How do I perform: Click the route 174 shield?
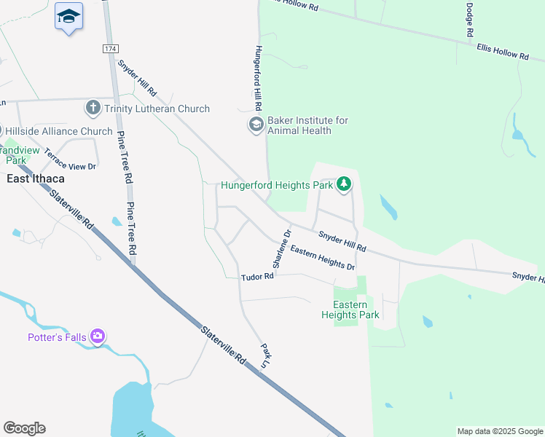(x=109, y=48)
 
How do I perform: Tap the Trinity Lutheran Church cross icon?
(x=93, y=109)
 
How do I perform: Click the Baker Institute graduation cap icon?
(x=256, y=125)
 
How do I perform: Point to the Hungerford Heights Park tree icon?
(x=344, y=184)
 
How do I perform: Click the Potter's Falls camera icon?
(x=98, y=336)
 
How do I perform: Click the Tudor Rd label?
(x=258, y=276)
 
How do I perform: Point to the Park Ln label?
(x=264, y=355)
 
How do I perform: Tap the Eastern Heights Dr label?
(x=322, y=259)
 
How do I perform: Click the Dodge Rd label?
(x=470, y=20)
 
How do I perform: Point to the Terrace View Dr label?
(x=70, y=160)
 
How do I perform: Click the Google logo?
(x=24, y=428)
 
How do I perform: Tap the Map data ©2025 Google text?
(x=499, y=431)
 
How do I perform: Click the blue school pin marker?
(x=68, y=17)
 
